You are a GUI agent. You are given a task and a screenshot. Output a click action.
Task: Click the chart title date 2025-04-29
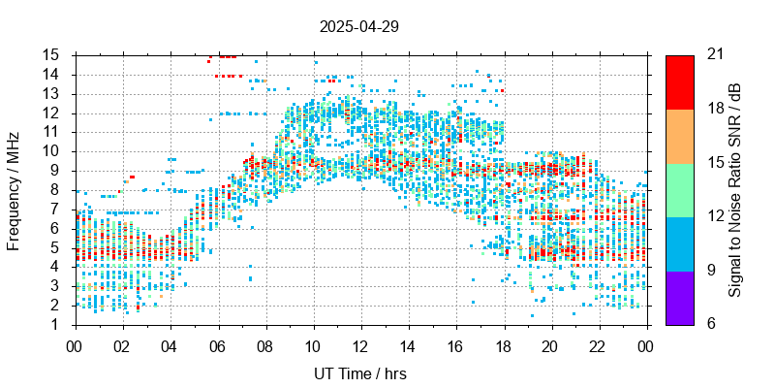click(358, 26)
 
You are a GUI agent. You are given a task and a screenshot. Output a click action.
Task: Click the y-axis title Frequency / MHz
click(14, 189)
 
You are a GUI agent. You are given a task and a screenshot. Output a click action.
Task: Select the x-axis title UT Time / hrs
click(360, 373)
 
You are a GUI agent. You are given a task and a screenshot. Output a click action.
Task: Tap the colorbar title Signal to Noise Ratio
click(735, 189)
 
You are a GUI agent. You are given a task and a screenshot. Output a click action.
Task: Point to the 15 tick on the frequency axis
click(54, 54)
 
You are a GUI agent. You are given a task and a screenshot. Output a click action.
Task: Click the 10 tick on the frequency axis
click(54, 151)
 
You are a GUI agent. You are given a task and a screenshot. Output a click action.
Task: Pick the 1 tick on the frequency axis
click(58, 325)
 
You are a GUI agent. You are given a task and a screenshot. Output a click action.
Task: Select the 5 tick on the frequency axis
click(58, 247)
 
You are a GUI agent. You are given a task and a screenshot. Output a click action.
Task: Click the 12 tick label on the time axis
click(360, 345)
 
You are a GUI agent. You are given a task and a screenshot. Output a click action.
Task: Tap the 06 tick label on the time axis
click(217, 345)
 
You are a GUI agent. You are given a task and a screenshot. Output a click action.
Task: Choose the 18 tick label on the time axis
click(503, 345)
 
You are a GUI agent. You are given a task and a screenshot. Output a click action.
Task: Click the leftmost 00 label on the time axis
click(75, 345)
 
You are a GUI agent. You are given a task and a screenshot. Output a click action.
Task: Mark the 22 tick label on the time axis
click(598, 345)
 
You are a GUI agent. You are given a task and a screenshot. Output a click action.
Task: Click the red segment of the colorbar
click(679, 81)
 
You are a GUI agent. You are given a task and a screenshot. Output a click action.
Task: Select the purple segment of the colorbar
click(679, 297)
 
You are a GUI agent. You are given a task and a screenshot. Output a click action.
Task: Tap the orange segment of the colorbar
click(679, 136)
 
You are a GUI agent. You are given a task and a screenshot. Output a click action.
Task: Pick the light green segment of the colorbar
click(679, 189)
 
